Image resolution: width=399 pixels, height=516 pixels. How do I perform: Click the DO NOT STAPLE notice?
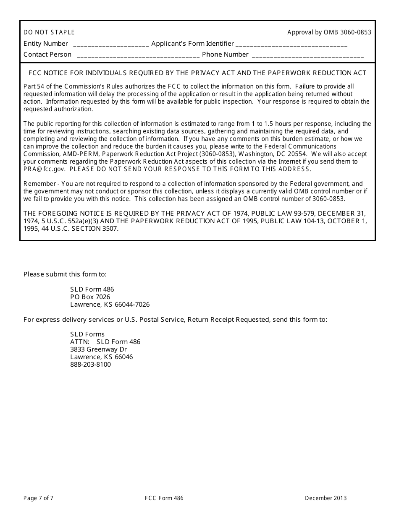coord(49,32)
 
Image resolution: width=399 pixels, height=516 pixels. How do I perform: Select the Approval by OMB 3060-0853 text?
coord(329,32)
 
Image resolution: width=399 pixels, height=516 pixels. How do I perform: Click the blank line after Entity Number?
coord(111,44)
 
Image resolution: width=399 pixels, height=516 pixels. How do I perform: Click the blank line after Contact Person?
coord(138,55)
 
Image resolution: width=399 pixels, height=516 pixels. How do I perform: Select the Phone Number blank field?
coord(307,55)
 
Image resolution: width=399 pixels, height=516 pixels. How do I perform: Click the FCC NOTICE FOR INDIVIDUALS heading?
coord(197,73)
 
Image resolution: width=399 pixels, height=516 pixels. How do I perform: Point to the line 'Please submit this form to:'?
coord(65,274)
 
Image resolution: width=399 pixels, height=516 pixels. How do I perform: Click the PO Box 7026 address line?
coord(90,297)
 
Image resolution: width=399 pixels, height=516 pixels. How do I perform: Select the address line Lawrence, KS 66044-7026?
coord(110,305)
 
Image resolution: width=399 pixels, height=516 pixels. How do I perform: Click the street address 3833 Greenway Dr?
coord(98,349)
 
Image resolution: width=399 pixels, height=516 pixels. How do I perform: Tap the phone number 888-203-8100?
coord(90,365)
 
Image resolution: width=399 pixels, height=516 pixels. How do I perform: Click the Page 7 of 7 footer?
coord(38,498)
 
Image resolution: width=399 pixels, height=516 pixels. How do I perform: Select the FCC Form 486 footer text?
coord(164,498)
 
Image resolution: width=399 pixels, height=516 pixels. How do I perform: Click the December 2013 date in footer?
coord(325,498)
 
